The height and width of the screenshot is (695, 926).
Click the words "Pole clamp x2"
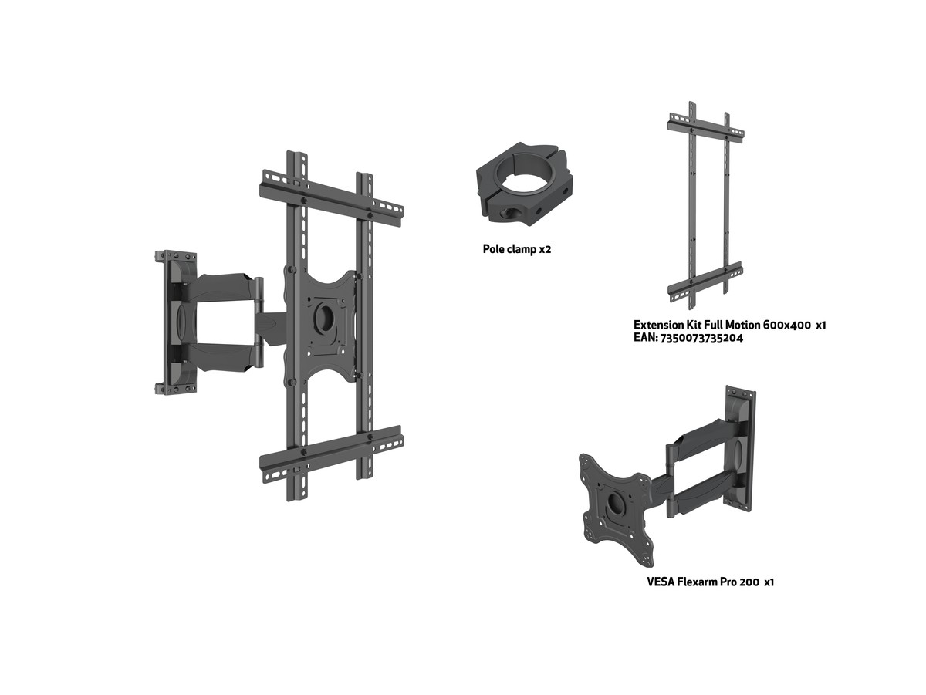coord(517,249)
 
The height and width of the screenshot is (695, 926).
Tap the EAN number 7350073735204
coord(700,338)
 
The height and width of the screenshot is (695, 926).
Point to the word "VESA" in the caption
coord(661,582)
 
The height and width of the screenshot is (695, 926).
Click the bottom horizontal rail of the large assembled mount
coord(332,454)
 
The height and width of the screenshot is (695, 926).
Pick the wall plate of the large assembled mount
coord(176,322)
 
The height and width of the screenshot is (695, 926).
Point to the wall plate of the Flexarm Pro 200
coord(740,446)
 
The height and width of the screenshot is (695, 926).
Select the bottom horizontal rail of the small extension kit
coord(705,280)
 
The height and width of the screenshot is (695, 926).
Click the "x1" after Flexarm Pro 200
coord(769,582)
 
